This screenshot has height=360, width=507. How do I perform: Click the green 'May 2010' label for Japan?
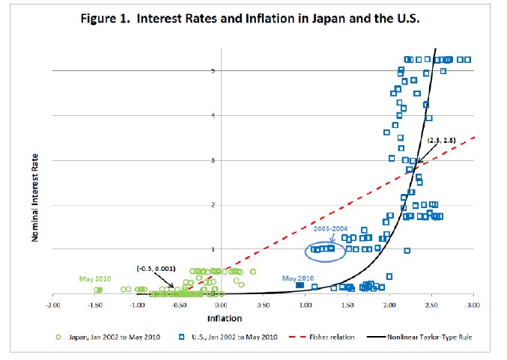click(94, 279)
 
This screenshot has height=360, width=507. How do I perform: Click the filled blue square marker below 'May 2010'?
click(300, 285)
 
